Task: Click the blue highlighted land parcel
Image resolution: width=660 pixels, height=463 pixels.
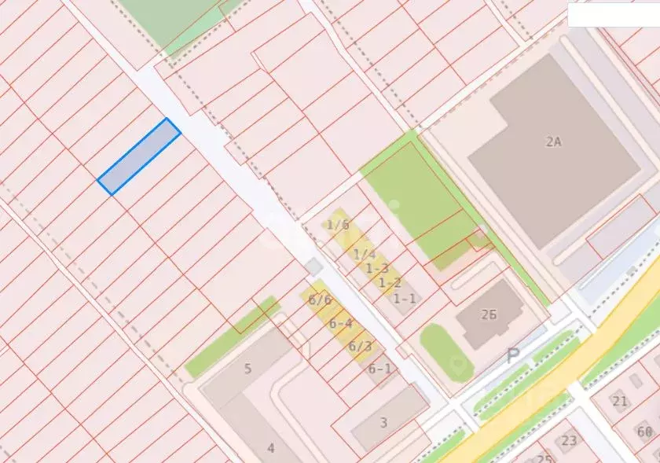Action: click(139, 156)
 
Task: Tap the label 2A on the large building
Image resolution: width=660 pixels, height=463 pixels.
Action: click(554, 141)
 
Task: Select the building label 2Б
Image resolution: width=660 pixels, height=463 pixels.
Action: click(489, 314)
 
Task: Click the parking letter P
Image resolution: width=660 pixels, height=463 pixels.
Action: click(513, 355)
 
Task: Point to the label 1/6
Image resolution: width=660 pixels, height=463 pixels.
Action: click(338, 225)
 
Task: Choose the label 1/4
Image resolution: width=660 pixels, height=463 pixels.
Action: click(364, 254)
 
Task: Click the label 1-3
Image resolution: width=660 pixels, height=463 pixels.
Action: click(377, 269)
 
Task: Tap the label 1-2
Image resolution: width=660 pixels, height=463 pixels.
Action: click(390, 283)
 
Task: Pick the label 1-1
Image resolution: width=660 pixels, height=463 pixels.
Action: click(404, 299)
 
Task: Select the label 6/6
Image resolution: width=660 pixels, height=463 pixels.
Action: click(320, 299)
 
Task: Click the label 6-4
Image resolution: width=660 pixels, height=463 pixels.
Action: click(340, 323)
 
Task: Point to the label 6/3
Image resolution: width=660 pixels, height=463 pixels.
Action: click(360, 346)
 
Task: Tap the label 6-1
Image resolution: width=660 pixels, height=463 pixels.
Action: click(379, 369)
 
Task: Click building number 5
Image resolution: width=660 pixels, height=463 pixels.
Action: click(247, 369)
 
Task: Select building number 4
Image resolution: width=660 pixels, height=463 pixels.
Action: click(271, 448)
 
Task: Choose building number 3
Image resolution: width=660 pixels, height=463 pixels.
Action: click(383, 423)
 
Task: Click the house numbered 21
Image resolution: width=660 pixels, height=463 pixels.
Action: click(620, 401)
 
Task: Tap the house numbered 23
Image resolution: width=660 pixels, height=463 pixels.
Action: click(569, 440)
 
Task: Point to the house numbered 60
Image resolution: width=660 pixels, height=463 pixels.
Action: click(645, 432)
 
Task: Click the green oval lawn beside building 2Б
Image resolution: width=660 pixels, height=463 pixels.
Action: click(445, 352)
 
